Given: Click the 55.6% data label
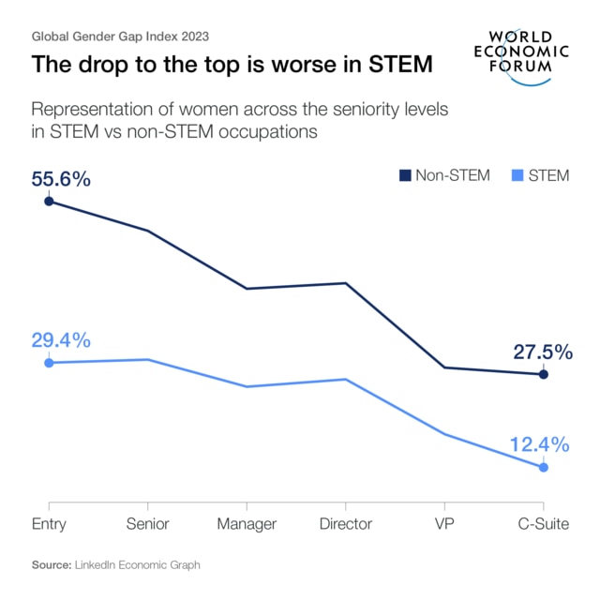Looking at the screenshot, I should pyautogui.click(x=61, y=179).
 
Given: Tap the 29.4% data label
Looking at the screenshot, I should pyautogui.click(x=61, y=340).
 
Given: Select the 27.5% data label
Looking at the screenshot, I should pyautogui.click(x=542, y=352).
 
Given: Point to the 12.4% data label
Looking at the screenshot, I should pyautogui.click(x=540, y=444).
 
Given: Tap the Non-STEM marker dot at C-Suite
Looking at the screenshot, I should pyautogui.click(x=544, y=375).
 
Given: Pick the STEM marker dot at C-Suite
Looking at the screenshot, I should pyautogui.click(x=544, y=467).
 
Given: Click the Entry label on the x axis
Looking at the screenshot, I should pyautogui.click(x=49, y=524).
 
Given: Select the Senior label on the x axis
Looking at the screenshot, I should pyautogui.click(x=148, y=524).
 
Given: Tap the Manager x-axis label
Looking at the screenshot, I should pyautogui.click(x=247, y=524).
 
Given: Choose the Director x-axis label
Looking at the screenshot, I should pyautogui.click(x=345, y=524).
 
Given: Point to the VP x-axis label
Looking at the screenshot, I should pyautogui.click(x=444, y=524).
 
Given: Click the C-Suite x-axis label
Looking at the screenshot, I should pyautogui.click(x=544, y=524).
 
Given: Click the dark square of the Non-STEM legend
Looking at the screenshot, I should pyautogui.click(x=405, y=175).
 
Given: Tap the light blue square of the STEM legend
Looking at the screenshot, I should pyautogui.click(x=518, y=175).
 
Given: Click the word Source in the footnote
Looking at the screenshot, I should pyautogui.click(x=52, y=565).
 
